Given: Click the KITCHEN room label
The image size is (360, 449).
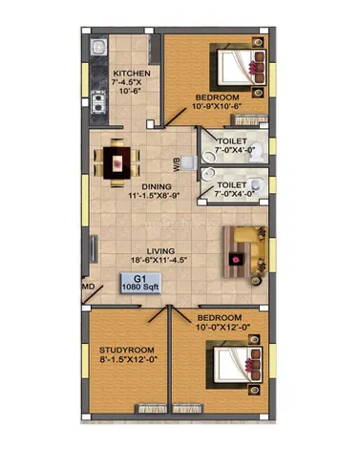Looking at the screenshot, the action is click(x=132, y=74).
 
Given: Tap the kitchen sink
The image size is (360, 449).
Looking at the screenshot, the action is click(x=98, y=48).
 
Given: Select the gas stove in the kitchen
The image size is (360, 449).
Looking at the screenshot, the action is click(x=98, y=102).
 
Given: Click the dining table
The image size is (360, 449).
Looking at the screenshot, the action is click(x=116, y=162).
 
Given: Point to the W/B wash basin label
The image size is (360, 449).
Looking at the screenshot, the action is click(x=177, y=164).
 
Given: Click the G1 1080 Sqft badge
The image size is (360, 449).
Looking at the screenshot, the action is click(x=140, y=283).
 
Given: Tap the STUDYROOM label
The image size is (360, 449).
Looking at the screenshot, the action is click(x=127, y=351).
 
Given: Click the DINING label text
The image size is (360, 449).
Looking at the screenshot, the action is click(x=157, y=186).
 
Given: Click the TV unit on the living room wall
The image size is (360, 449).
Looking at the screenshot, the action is click(x=94, y=249).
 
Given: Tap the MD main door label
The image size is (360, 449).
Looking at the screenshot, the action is click(x=89, y=287).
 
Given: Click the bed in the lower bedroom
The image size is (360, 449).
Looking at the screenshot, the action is click(x=234, y=365).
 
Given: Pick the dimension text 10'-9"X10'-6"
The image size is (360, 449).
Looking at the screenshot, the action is click(x=215, y=106).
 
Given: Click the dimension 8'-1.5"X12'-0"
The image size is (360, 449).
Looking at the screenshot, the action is click(x=129, y=359).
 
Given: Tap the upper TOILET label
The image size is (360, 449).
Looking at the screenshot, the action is click(x=232, y=141).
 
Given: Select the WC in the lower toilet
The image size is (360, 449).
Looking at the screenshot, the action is click(x=257, y=184).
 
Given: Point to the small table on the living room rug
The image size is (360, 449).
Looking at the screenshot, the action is click(x=236, y=259).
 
